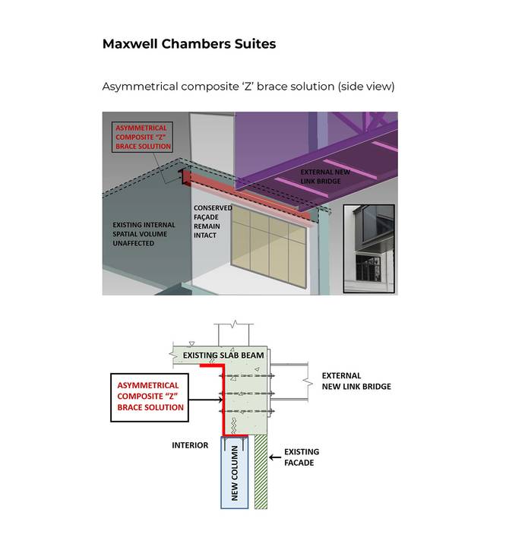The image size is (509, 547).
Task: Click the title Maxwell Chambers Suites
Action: [188, 44]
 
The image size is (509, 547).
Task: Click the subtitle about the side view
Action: [248, 87]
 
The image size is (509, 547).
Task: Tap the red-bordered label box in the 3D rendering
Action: [143, 137]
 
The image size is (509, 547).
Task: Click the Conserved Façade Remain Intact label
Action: [212, 221]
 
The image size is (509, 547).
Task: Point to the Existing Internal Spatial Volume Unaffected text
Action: [144, 234]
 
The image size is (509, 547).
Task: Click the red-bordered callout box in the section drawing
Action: [150, 397]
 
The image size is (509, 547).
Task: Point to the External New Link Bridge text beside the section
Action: [356, 381]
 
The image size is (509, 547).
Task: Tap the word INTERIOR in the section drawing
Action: [190, 445]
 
